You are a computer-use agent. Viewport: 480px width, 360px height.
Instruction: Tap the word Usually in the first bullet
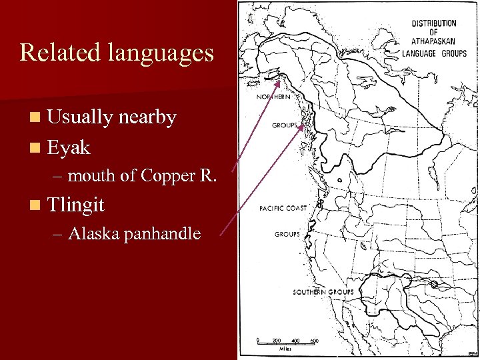click(x=80, y=117)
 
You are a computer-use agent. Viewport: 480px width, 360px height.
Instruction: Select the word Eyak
click(x=69, y=147)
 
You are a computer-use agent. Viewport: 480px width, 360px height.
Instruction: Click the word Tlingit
click(x=76, y=205)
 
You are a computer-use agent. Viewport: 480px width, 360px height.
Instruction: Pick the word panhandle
click(x=163, y=234)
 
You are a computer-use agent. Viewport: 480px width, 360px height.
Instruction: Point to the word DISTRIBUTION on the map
click(x=434, y=23)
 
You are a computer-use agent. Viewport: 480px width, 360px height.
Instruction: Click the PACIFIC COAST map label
click(x=283, y=208)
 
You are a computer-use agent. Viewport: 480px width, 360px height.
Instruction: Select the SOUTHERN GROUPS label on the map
click(x=323, y=292)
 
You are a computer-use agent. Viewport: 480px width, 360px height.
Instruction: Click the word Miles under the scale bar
click(x=286, y=348)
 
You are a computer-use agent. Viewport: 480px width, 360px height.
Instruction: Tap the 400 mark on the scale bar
click(x=295, y=341)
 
